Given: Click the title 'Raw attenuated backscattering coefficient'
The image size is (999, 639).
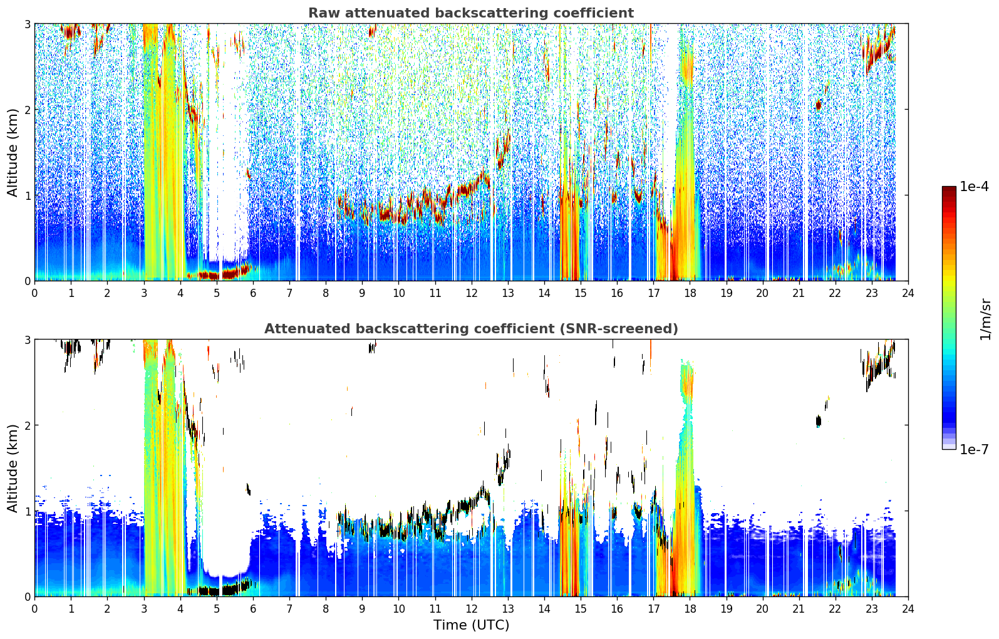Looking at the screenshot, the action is pos(471,13).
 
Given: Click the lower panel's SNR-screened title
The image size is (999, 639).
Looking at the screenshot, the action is pos(471,328).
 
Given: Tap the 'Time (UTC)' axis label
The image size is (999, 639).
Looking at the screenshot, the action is pos(471,625).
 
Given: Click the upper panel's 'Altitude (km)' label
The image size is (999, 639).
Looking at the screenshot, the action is pos(13,152).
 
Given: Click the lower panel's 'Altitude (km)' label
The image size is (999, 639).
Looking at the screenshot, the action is pos(13,468).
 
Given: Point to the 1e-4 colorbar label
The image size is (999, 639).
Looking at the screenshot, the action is pos(974,187).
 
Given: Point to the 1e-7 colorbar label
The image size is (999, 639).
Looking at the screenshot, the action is pos(974,449).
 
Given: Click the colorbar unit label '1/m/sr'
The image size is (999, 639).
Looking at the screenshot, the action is pos(985,319).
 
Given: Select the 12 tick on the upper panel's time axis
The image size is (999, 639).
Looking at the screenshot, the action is pos(472,293).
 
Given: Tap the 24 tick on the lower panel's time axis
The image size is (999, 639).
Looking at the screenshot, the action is pos(908,609).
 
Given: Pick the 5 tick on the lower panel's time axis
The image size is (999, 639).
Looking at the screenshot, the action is pos(217,609).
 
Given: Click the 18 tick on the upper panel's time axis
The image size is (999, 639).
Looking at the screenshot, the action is pos(690,293).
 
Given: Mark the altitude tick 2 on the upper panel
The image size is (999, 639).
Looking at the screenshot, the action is pos(27,110).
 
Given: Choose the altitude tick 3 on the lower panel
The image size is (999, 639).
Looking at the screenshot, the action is pos(27,340).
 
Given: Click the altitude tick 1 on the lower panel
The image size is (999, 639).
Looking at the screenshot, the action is pos(27,511).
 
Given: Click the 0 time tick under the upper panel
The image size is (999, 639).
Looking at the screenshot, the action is pos(35,293).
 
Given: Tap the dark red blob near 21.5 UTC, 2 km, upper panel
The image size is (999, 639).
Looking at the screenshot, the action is pos(819,105).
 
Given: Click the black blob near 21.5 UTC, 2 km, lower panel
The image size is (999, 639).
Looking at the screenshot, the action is pos(819,421).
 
